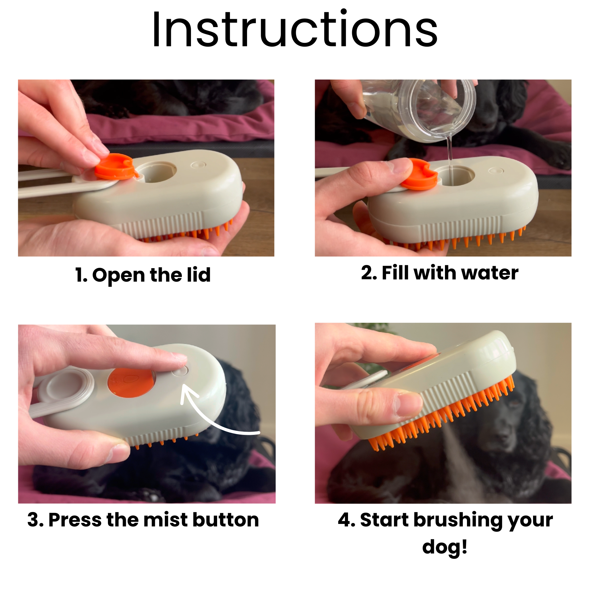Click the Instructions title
coord(295,29)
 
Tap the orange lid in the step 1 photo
coord(116,166)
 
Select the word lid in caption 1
coord(199,275)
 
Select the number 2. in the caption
coord(369,273)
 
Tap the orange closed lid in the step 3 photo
coord(132,383)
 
